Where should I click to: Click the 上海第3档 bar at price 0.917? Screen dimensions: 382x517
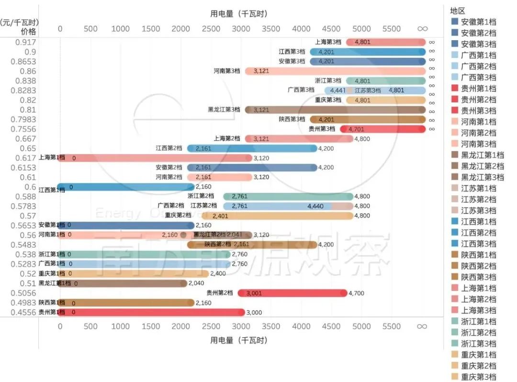(x=386, y=42)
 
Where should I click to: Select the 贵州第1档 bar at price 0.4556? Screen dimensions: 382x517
(x=151, y=313)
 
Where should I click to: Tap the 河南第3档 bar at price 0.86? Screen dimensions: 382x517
(x=335, y=71)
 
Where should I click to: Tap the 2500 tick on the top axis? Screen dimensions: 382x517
(x=211, y=28)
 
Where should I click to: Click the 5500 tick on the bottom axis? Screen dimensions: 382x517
(x=392, y=326)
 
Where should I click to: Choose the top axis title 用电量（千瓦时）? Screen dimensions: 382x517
(x=239, y=14)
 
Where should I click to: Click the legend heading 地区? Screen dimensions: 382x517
(x=458, y=11)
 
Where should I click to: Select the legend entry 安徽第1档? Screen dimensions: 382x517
(x=478, y=22)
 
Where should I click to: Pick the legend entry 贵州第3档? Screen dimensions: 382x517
(x=478, y=111)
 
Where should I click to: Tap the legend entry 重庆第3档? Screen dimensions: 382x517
(x=478, y=377)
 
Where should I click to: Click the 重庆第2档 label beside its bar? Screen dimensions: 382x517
(x=178, y=215)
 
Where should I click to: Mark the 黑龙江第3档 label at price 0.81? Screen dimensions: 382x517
(x=224, y=110)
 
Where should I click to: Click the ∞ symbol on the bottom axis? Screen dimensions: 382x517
(x=422, y=326)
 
